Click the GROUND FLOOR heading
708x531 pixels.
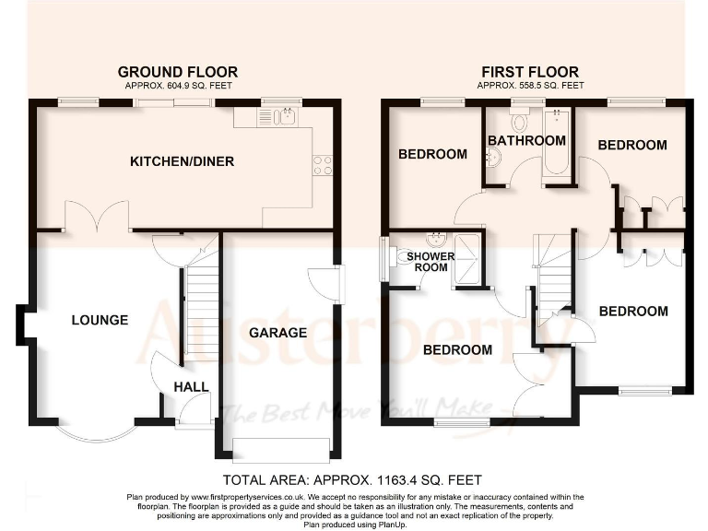(x=177, y=72)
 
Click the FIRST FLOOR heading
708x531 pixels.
(x=530, y=72)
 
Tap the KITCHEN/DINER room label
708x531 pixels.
(x=182, y=161)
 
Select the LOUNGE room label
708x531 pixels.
(x=100, y=320)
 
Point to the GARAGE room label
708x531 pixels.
(x=277, y=332)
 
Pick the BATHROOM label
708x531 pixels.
(x=526, y=141)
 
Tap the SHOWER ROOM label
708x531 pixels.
(x=426, y=261)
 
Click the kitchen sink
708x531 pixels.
(x=277, y=117)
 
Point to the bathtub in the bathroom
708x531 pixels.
(x=556, y=143)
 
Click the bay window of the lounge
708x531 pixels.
(x=95, y=431)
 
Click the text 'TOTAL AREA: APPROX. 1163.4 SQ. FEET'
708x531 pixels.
(x=353, y=480)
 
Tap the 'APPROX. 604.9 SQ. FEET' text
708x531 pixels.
(x=177, y=86)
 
